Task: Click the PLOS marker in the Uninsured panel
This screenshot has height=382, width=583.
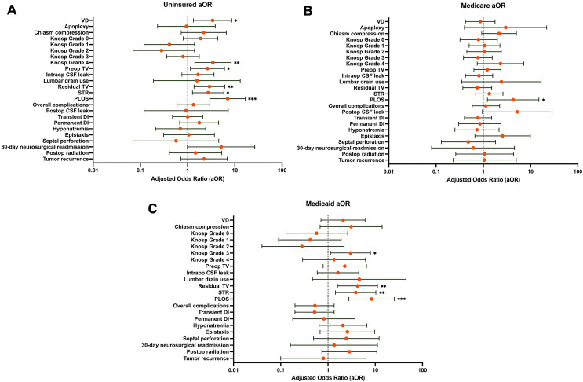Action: tap(228, 99)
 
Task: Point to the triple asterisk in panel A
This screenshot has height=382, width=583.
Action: tap(252, 100)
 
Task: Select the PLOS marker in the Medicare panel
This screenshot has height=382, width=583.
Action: tap(513, 100)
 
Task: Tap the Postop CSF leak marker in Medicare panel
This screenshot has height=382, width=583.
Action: tap(517, 112)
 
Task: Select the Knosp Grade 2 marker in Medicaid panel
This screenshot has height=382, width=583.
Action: tap(302, 246)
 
